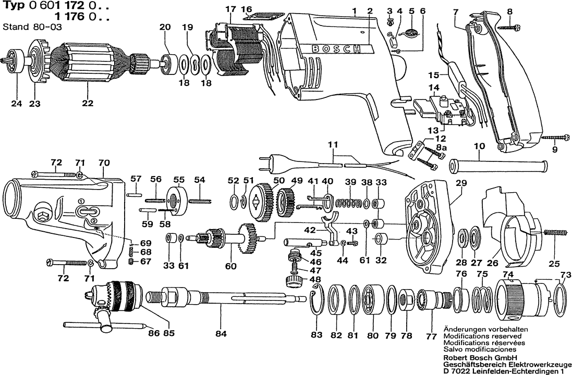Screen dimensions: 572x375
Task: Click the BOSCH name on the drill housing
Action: (336, 49)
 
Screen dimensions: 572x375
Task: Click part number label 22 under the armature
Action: (88, 104)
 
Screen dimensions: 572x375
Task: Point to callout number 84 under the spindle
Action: (222, 333)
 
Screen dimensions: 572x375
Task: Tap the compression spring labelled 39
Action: (350, 204)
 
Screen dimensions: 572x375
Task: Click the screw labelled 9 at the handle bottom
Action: (555, 137)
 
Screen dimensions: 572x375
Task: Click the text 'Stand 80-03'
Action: (32, 27)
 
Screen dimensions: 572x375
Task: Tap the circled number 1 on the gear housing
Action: (81, 202)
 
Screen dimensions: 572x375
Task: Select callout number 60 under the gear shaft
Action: (230, 266)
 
